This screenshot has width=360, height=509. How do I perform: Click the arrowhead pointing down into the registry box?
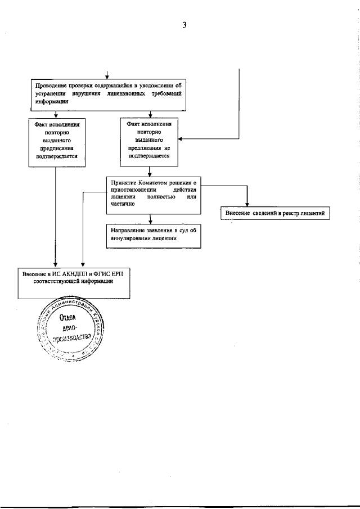(x=246, y=204)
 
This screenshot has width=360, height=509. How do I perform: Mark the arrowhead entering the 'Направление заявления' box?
(x=150, y=222)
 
